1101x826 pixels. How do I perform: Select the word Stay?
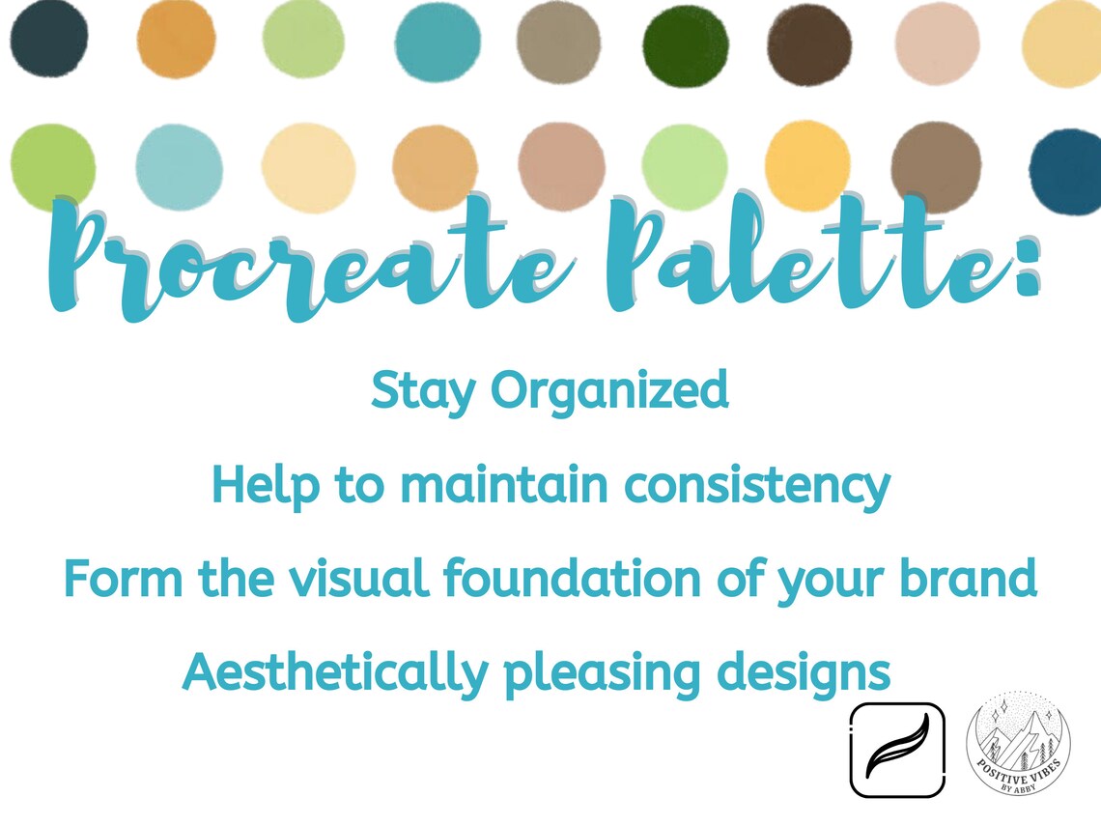pyautogui.click(x=423, y=392)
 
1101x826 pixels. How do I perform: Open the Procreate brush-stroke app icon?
pyautogui.click(x=896, y=750)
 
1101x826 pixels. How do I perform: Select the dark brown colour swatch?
pyautogui.click(x=809, y=44)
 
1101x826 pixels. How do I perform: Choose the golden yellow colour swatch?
pyautogui.click(x=807, y=165)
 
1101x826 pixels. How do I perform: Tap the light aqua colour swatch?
pyautogui.click(x=179, y=166)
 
